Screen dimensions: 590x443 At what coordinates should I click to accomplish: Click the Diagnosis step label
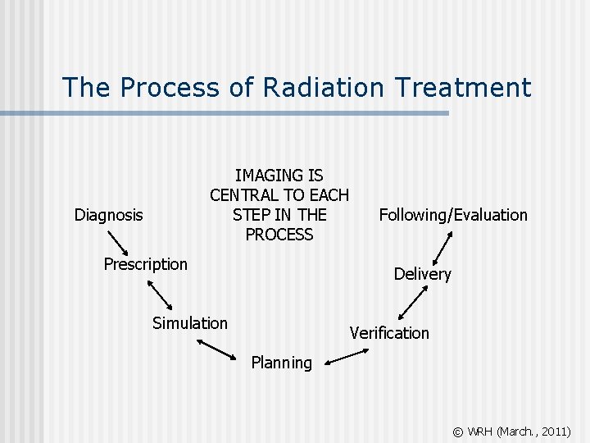pyautogui.click(x=108, y=215)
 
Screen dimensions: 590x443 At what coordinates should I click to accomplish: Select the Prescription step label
pyautogui.click(x=145, y=264)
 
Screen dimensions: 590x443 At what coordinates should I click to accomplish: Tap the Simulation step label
pyautogui.click(x=190, y=323)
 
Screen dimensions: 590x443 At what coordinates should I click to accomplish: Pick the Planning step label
pyautogui.click(x=281, y=363)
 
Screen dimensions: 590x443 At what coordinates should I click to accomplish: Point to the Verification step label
pyautogui.click(x=389, y=333)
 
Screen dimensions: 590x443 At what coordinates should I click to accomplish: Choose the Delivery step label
pyautogui.click(x=422, y=274)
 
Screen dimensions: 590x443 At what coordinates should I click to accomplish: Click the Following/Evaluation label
pyautogui.click(x=453, y=215)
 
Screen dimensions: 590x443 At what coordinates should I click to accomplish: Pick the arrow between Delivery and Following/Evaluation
pyautogui.click(x=442, y=245)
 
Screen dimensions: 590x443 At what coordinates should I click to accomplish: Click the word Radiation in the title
pyautogui.click(x=319, y=87)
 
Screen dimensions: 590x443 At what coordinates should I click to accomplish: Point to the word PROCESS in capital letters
pyautogui.click(x=279, y=235)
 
